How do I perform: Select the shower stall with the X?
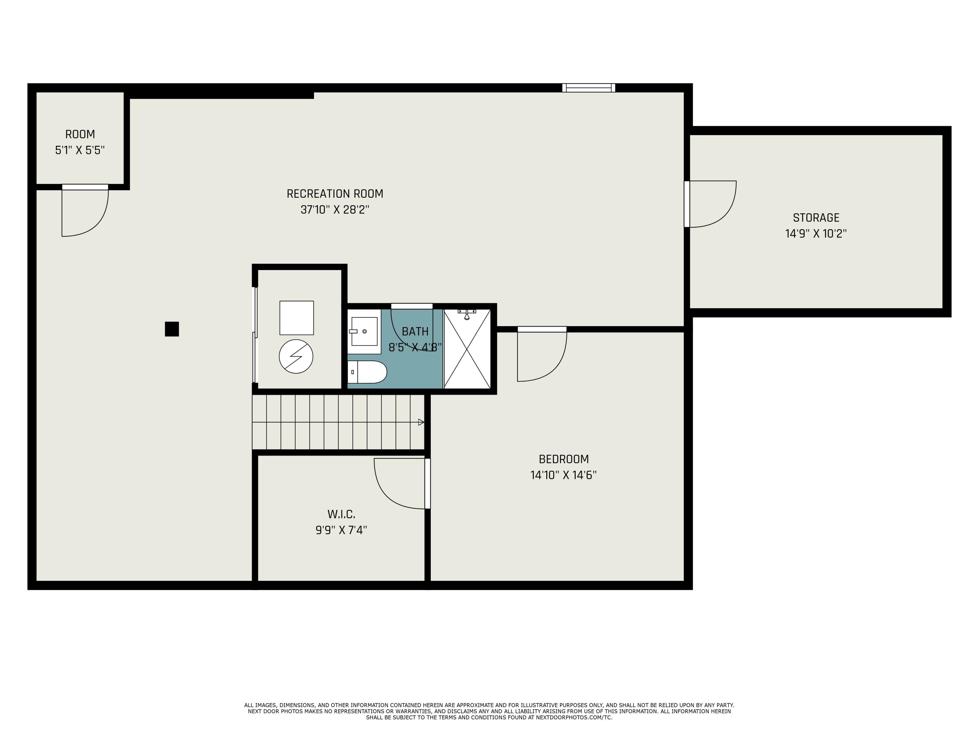point(467,349)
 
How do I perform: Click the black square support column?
point(172,329)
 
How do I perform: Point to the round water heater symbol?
point(296,356)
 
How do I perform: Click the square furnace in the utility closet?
point(297,318)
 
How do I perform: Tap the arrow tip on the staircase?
point(424,422)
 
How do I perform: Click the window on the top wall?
point(589,88)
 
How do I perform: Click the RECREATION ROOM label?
point(335,194)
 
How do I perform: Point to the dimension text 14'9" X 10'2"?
point(816,234)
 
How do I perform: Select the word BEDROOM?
point(564,459)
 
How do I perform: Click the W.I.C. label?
point(341,514)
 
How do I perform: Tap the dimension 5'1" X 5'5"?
point(80,150)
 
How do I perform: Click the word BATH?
point(415,331)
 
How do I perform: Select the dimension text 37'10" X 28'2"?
point(335,210)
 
